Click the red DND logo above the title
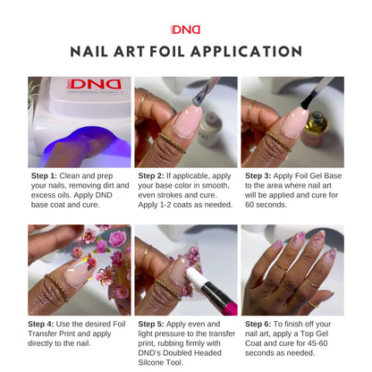pyautogui.click(x=185, y=30)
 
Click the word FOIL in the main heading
pyautogui.click(x=167, y=51)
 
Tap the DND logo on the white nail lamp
pyautogui.click(x=95, y=84)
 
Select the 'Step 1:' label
pyautogui.click(x=44, y=176)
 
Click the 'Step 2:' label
pyautogui.click(x=151, y=176)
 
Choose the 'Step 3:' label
pyautogui.click(x=258, y=176)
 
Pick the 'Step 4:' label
pyautogui.click(x=41, y=324)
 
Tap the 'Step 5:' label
pyautogui.click(x=151, y=324)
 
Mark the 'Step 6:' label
pyautogui.click(x=258, y=324)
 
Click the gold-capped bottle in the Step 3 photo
pyautogui.click(x=315, y=129)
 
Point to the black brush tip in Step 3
pyautogui.click(x=308, y=101)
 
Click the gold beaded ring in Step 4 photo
pyautogui.click(x=57, y=287)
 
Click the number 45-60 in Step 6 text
pyautogui.click(x=317, y=343)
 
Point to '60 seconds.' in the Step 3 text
pyautogui.click(x=266, y=205)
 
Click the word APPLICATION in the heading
pyautogui.click(x=246, y=51)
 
